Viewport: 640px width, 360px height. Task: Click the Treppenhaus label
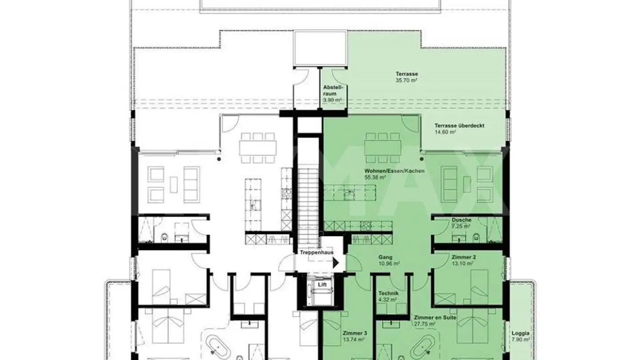(316, 252)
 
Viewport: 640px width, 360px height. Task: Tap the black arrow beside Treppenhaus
(336, 263)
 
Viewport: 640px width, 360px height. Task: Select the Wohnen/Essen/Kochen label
(394, 171)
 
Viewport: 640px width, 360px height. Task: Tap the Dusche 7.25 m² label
(461, 223)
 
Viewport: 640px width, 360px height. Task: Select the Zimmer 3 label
(354, 336)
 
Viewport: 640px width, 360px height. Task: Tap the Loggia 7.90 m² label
(520, 336)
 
